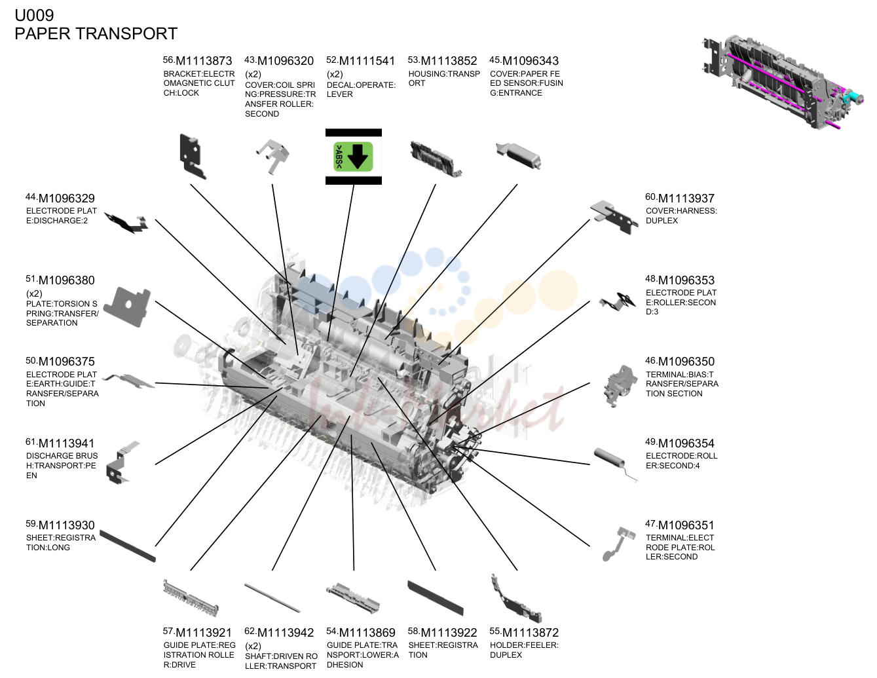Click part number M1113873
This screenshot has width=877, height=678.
(204, 61)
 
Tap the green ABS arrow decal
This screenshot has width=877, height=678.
(353, 157)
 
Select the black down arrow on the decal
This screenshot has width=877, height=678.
(358, 157)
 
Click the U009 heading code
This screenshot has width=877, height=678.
(34, 15)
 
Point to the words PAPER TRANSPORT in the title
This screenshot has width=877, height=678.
(96, 33)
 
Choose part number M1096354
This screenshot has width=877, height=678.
(686, 443)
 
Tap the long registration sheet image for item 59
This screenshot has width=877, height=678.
(128, 546)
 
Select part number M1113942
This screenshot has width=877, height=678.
(286, 633)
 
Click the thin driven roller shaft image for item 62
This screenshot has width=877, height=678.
(272, 597)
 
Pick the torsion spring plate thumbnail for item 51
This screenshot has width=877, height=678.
(127, 307)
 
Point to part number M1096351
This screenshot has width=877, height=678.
(686, 525)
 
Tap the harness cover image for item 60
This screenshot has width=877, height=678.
(614, 217)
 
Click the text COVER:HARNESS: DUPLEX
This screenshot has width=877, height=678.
(681, 216)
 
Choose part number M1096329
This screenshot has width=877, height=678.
(67, 198)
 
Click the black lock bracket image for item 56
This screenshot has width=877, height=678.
(193, 157)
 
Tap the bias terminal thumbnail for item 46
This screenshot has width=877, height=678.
(620, 386)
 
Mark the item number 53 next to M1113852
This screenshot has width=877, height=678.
(413, 60)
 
